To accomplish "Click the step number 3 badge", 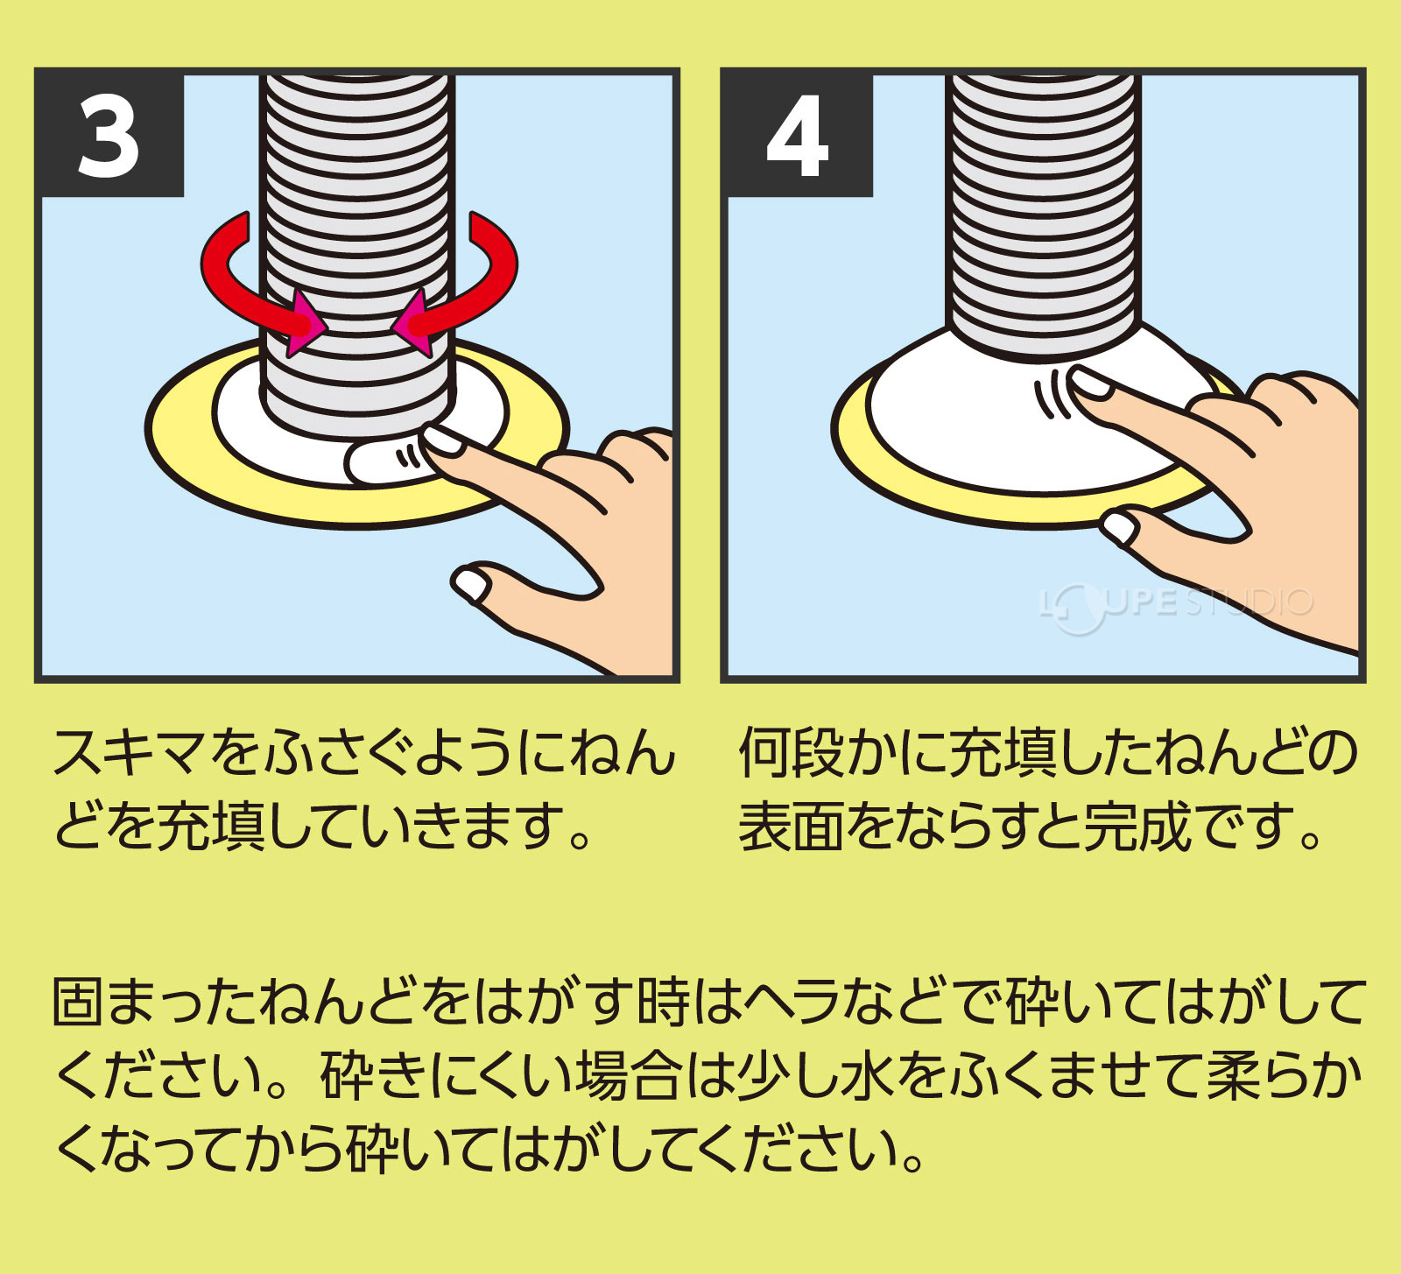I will click(109, 136).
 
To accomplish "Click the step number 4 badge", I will click(797, 136).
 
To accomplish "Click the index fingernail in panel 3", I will click(442, 439).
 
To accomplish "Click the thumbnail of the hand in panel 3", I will click(471, 584).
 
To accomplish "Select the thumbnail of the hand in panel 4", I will click(1120, 528).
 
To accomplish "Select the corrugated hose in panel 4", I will click(1043, 210).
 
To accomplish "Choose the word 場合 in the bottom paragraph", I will click(629, 1076).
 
